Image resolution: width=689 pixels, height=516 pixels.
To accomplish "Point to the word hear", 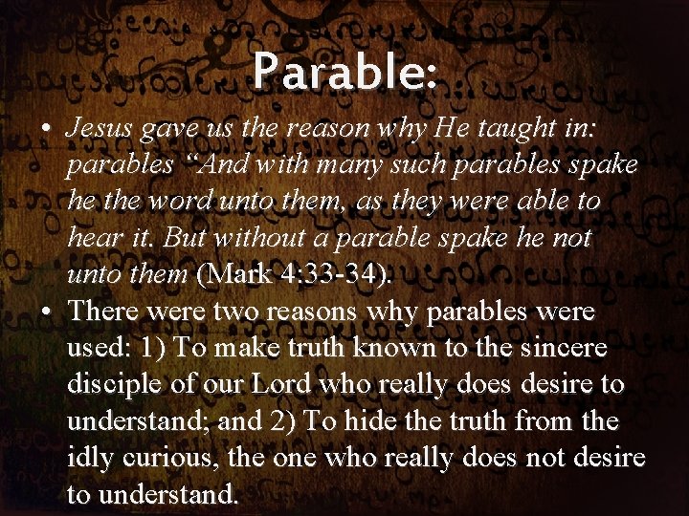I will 90,238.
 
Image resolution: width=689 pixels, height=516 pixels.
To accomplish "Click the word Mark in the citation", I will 236,275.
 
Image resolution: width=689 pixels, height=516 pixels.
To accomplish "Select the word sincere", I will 564,348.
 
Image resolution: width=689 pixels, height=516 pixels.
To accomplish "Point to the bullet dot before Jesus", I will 47,128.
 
